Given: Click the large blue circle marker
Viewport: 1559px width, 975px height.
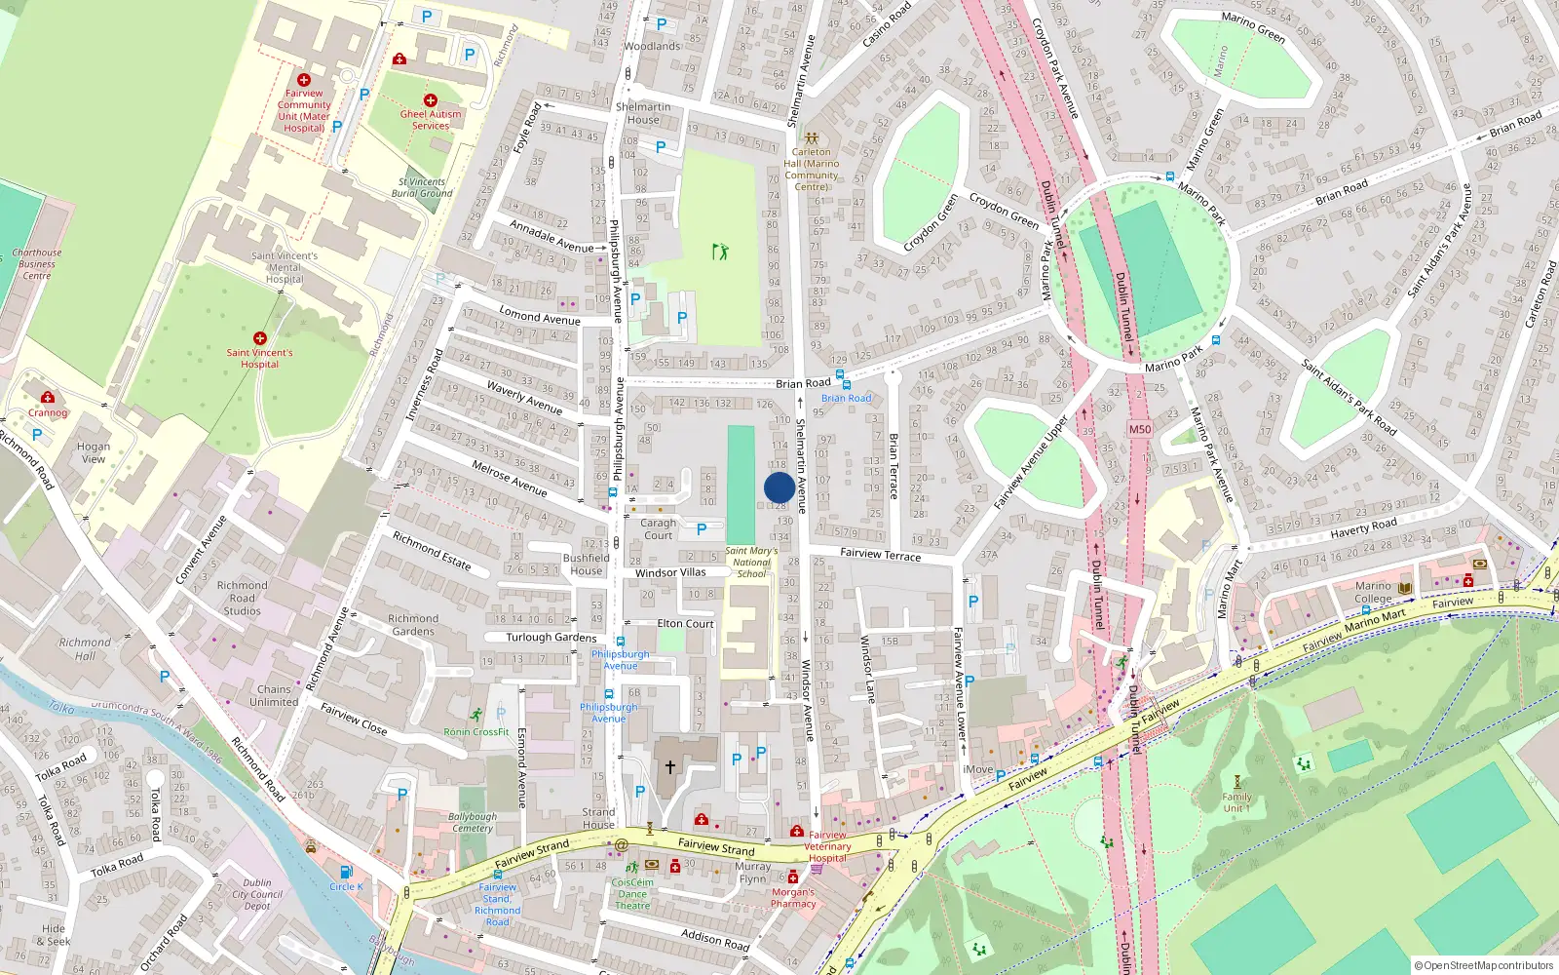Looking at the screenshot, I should pyautogui.click(x=779, y=487).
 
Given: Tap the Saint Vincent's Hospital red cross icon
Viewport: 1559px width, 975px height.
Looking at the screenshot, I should pyautogui.click(x=259, y=338).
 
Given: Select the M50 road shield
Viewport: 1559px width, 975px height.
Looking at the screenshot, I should pyautogui.click(x=1139, y=429).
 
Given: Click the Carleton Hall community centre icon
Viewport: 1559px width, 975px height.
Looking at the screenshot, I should pyautogui.click(x=811, y=138).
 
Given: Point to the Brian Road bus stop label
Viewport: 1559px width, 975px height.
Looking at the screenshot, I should pyautogui.click(x=846, y=398).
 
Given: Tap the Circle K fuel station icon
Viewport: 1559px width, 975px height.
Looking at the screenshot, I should pyautogui.click(x=345, y=873).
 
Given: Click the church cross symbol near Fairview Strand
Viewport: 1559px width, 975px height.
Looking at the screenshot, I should pyautogui.click(x=670, y=767).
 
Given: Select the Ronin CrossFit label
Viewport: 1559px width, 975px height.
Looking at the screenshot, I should pyautogui.click(x=476, y=731).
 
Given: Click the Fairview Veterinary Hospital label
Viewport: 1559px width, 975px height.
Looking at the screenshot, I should pyautogui.click(x=827, y=846).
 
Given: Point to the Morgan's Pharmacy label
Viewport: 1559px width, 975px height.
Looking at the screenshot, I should pyautogui.click(x=793, y=898).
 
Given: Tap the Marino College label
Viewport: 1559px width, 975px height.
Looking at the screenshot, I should pyautogui.click(x=1373, y=593).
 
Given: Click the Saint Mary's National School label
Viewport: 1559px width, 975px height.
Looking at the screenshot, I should pyautogui.click(x=751, y=563).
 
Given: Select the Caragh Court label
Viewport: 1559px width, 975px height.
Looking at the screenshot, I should pyautogui.click(x=658, y=528).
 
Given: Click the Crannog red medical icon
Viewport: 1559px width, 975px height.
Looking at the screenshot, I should pyautogui.click(x=47, y=398).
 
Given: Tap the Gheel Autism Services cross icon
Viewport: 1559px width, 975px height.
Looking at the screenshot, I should pyautogui.click(x=430, y=100).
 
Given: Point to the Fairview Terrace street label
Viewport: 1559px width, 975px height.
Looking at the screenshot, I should pyautogui.click(x=880, y=554).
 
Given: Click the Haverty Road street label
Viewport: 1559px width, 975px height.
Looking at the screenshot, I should pyautogui.click(x=1363, y=528).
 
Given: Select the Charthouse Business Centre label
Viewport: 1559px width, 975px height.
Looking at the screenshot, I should pyautogui.click(x=37, y=263).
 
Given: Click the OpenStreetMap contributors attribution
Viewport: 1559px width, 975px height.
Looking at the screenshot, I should pyautogui.click(x=1483, y=965).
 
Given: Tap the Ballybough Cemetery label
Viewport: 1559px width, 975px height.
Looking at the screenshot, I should pyautogui.click(x=473, y=822).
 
